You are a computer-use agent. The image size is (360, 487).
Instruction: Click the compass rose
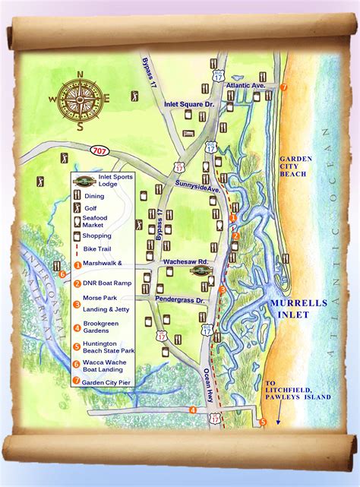point(80,98)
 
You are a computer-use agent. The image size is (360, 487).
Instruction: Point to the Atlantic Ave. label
point(245,85)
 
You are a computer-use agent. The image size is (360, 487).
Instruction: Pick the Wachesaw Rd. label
point(186,262)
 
